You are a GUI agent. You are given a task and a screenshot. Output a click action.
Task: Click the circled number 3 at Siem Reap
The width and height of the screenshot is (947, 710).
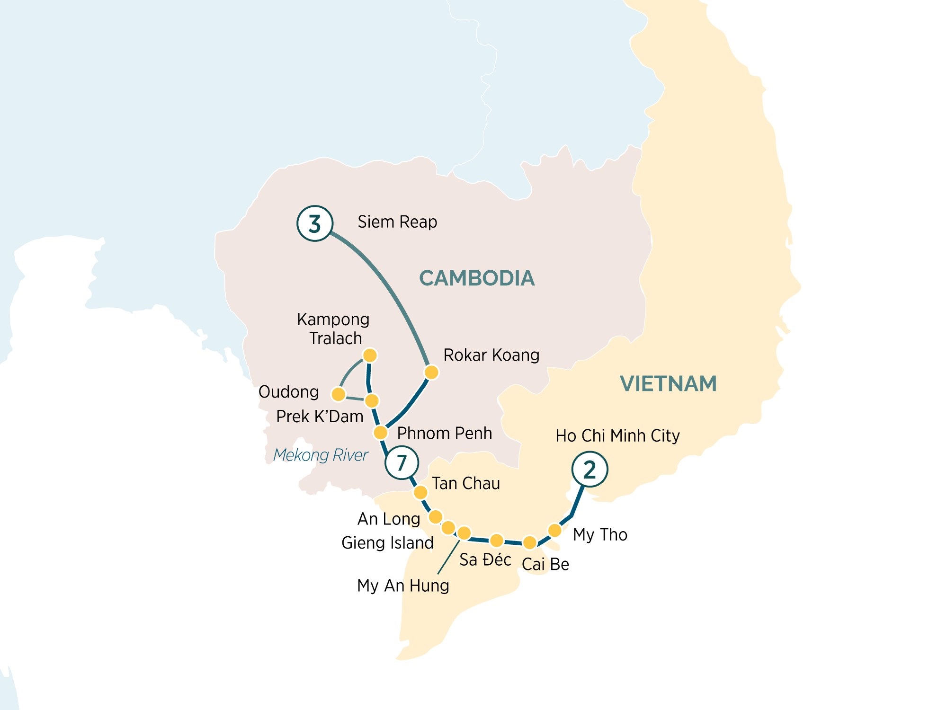point(315,223)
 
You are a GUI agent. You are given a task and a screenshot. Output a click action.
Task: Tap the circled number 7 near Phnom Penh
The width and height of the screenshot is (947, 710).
point(402,462)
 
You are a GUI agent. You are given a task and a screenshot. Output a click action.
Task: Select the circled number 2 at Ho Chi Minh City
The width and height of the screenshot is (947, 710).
point(590,469)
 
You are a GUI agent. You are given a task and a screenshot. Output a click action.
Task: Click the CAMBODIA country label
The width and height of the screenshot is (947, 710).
point(477,278)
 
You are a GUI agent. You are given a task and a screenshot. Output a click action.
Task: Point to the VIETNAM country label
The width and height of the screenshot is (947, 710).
point(668,383)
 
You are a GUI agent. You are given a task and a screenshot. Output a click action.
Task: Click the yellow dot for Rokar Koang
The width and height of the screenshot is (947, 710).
point(431,372)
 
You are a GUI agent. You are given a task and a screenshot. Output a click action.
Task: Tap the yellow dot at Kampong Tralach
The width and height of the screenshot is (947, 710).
point(370,355)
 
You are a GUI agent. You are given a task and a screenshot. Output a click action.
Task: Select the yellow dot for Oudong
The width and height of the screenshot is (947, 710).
point(339,394)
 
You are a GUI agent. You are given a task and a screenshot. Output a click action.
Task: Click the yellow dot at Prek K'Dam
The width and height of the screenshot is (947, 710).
point(372,401)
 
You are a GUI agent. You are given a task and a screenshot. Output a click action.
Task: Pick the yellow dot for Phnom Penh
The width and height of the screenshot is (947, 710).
point(381,432)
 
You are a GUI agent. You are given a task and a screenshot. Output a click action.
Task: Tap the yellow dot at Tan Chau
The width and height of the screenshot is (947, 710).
point(420,493)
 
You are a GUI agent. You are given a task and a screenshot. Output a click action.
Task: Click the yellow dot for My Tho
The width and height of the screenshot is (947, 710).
point(554,530)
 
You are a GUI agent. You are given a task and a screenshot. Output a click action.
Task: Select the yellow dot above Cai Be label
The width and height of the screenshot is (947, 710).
point(530,542)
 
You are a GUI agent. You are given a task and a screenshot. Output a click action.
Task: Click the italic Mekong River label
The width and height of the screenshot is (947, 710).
point(321,455)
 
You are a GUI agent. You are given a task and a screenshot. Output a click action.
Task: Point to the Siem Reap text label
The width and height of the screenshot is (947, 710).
point(397,222)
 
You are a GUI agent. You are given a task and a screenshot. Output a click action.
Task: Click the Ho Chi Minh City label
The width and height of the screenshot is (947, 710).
point(617,435)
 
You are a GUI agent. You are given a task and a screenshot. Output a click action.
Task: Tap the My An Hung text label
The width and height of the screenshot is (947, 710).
point(403,586)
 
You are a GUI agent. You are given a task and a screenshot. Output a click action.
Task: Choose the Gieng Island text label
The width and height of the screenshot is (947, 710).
point(387,542)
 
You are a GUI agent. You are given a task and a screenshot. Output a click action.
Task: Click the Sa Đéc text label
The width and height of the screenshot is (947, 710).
point(485,559)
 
